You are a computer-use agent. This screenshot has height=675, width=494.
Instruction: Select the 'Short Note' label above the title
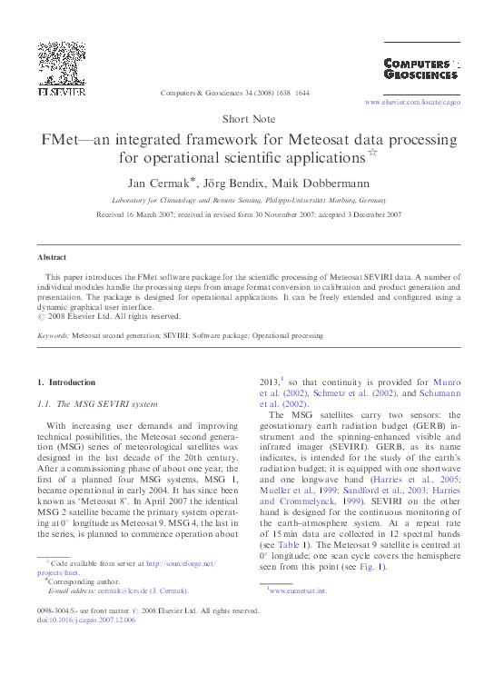tap(247, 119)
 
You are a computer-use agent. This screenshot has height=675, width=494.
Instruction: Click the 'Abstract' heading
tap(51, 258)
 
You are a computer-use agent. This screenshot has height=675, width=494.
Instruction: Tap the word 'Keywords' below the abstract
tap(53, 336)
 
